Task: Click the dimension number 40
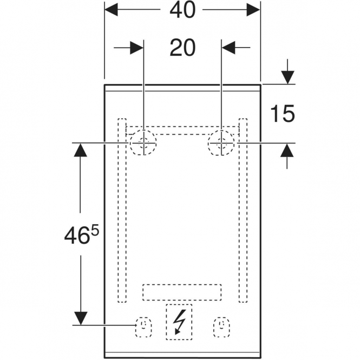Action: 182,10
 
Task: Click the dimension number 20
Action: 182,48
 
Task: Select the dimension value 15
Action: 283,114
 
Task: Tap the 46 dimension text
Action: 76,236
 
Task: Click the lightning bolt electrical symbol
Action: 180,322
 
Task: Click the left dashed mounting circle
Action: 143,142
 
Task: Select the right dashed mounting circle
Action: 221,142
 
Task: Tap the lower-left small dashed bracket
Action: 143,327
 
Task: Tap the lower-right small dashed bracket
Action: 221,327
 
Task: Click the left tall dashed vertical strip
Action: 122,210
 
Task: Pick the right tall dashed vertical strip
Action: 243,210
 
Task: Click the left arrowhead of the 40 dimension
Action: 111,10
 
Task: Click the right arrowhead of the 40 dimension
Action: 253,10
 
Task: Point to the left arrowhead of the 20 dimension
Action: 137,48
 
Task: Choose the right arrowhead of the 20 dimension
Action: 228,48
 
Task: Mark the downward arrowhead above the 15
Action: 287,77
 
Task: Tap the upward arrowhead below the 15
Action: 287,150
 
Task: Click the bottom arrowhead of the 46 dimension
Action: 81,318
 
